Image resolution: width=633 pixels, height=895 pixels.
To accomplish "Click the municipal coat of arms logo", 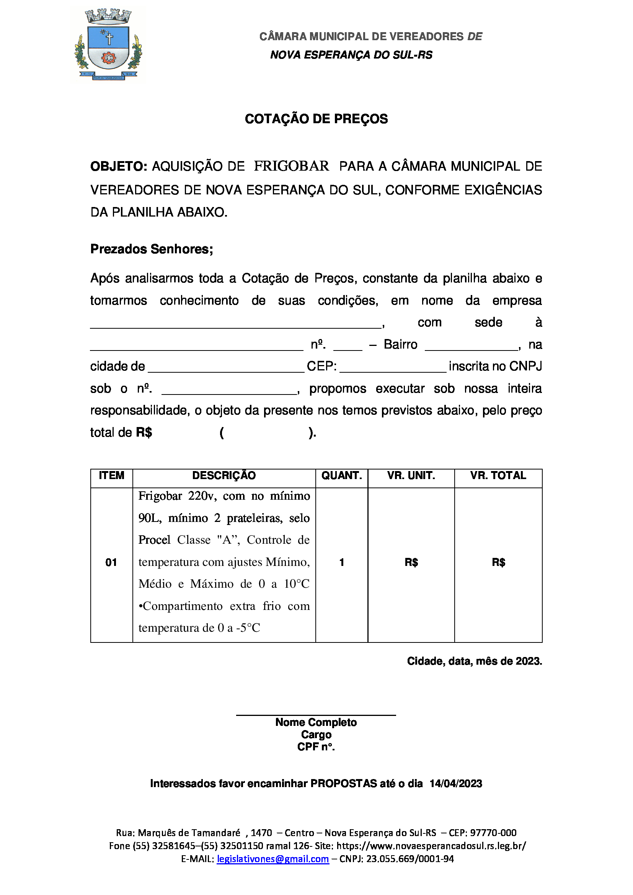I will (108, 44).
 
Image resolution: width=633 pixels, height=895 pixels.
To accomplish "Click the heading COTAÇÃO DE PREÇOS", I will (316, 119).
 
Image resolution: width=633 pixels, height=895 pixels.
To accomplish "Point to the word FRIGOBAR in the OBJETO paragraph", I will (291, 166).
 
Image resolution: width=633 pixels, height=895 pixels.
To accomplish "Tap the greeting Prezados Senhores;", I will (152, 249).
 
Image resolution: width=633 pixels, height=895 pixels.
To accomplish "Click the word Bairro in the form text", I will (400, 345).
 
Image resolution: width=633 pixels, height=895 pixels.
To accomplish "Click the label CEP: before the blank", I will (321, 367).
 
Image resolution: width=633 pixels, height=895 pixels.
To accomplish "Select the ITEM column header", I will (111, 476).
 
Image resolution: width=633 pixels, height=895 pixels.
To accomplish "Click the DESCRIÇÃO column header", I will (224, 476).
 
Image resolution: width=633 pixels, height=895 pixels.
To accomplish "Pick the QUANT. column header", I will (342, 476).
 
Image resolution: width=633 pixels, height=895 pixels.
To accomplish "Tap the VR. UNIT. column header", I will (411, 476).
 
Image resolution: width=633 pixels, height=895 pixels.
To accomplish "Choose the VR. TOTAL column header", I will (498, 476).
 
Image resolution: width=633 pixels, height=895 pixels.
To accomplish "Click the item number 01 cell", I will (111, 562).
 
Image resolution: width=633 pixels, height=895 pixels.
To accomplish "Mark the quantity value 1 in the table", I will (342, 562).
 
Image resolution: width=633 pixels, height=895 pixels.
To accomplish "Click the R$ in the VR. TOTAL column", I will (499, 562).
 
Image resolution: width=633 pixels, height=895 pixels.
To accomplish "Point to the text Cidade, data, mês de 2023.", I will (474, 662).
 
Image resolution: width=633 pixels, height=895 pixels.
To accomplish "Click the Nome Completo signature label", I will (316, 722).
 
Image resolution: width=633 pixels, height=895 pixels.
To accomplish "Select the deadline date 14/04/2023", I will (456, 784).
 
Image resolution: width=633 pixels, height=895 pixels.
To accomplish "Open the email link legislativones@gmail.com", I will (273, 859).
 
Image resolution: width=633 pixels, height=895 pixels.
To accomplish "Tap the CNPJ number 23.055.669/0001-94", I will (410, 859).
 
